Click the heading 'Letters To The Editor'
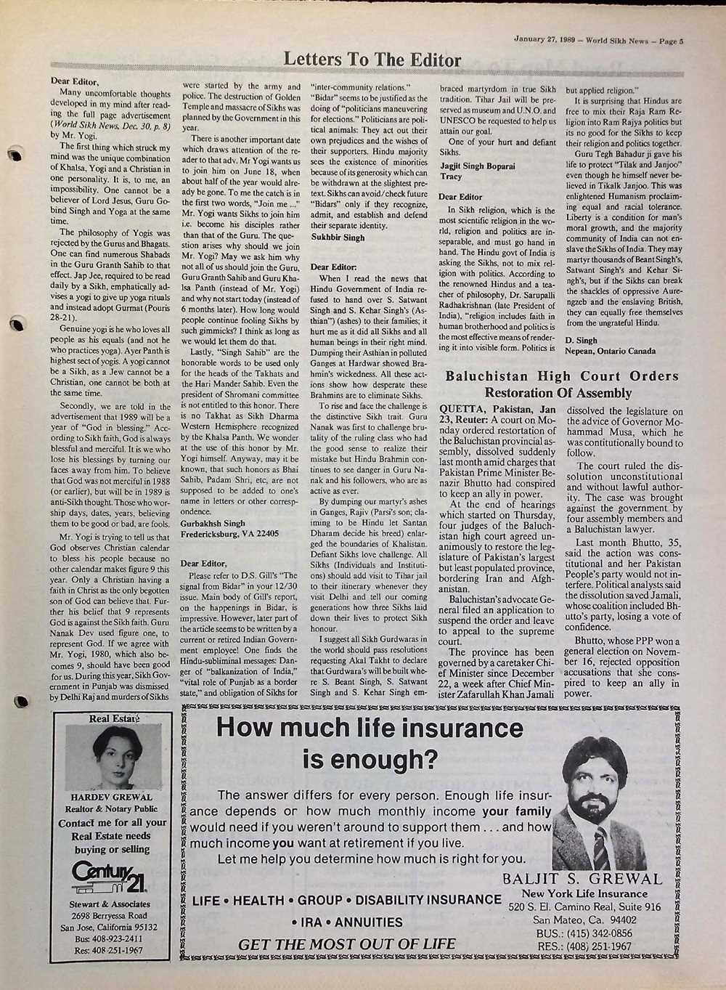tap(372, 60)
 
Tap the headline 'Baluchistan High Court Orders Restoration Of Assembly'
tap(562, 384)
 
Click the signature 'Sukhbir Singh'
tap(338, 238)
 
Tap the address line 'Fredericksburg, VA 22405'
tap(229, 533)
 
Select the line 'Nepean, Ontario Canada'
tap(611, 351)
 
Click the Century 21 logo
tap(109, 877)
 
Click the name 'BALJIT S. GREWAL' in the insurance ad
tap(582, 880)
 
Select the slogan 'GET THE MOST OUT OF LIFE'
tap(347, 944)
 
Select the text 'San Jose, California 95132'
tap(109, 927)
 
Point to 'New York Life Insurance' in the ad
tap(584, 893)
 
